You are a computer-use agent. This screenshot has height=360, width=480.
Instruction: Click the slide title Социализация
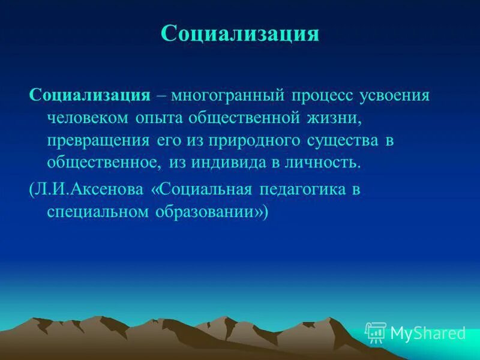click(x=239, y=34)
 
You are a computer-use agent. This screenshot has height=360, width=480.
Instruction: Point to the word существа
click(x=343, y=140)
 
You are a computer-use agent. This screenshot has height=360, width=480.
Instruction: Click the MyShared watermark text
click(x=428, y=333)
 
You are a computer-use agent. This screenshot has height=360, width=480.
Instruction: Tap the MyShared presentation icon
click(x=376, y=332)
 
